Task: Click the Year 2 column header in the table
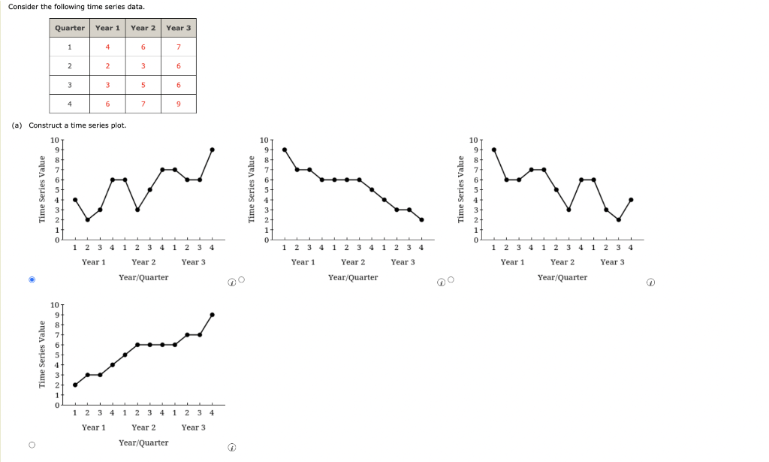point(143,28)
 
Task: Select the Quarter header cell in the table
point(70,28)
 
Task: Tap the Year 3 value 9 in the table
point(178,104)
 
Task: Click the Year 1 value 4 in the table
point(107,47)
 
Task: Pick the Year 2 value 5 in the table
point(143,85)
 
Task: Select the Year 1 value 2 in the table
point(107,66)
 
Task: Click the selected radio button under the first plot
point(32,279)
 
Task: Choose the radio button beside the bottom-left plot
point(32,445)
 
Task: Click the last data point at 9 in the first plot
point(213,149)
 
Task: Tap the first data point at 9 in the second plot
point(284,149)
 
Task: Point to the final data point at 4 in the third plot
point(631,200)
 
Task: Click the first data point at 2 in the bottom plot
point(75,385)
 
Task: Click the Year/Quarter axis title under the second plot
point(353,277)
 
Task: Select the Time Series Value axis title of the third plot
point(463,189)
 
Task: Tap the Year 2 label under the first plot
point(143,262)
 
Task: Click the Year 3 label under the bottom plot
point(193,427)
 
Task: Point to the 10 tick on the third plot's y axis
point(473,140)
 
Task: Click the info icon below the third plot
point(651,283)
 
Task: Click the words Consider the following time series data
point(66,7)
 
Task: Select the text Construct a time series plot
point(77,125)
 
